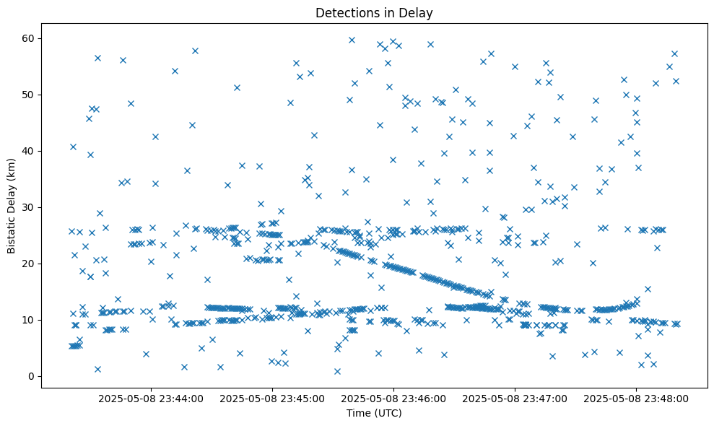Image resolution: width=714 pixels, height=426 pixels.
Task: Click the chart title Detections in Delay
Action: point(374,12)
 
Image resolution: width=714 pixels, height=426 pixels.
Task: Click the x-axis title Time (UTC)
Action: point(374,414)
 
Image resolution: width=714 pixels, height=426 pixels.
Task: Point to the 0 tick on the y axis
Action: point(32,376)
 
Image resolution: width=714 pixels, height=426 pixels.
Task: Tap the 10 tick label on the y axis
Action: point(29,320)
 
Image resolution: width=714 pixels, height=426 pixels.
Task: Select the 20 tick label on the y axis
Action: point(29,264)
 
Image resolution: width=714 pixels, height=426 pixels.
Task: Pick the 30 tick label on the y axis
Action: point(29,207)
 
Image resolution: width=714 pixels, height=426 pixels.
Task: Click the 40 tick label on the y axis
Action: point(29,151)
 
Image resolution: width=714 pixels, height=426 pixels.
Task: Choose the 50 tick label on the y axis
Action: point(29,95)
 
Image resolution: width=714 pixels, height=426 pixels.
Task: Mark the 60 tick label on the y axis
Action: point(29,38)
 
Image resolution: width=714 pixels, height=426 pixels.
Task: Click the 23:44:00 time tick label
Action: point(152,398)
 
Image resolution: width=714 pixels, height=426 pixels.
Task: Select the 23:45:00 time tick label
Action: point(273,398)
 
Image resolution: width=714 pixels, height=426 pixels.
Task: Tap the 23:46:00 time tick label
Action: point(394,398)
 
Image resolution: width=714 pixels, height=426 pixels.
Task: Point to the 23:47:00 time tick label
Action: point(515,398)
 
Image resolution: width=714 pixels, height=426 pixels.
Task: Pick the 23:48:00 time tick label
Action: point(637,398)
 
